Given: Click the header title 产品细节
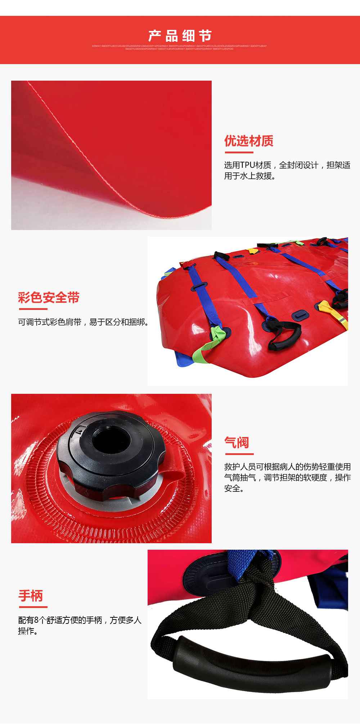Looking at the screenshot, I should point(180,36).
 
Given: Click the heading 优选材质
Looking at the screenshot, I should point(249,141).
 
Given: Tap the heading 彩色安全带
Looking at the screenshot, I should point(49,298).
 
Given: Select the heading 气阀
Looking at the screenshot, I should point(237,442).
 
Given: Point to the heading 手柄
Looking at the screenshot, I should point(31,596).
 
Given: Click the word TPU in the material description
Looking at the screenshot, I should point(248,165).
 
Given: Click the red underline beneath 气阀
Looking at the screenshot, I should point(239,454).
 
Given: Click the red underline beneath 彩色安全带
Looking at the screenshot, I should point(33,309).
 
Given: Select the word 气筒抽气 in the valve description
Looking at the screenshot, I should point(240,478).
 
